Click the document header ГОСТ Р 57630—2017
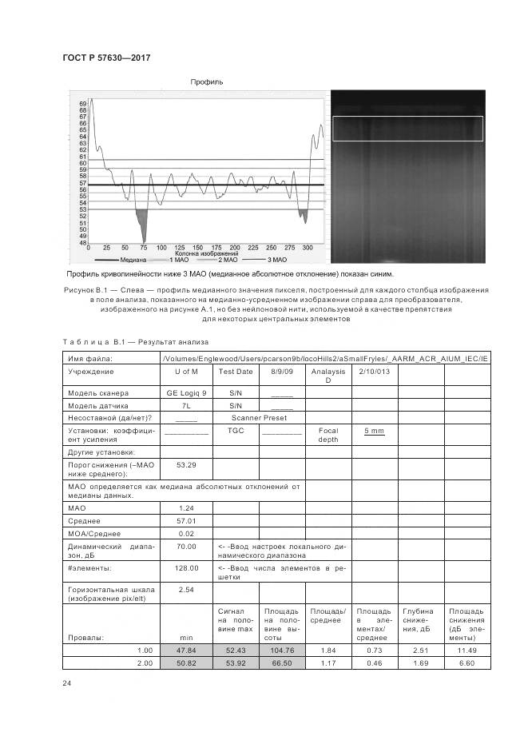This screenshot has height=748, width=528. (106, 58)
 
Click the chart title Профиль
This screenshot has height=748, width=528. (206, 82)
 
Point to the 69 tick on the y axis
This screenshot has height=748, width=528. (83, 104)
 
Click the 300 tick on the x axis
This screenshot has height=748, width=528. (307, 249)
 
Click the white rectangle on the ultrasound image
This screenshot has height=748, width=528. (407, 129)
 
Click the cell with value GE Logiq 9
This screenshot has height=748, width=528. (185, 393)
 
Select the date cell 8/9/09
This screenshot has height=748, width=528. (282, 372)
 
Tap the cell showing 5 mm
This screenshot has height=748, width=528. (374, 431)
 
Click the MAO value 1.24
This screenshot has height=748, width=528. (185, 507)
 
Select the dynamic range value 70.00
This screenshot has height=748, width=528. (185, 547)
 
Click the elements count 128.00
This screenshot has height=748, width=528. (185, 567)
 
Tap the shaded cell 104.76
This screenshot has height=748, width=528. (281, 651)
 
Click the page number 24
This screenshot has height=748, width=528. (66, 682)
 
